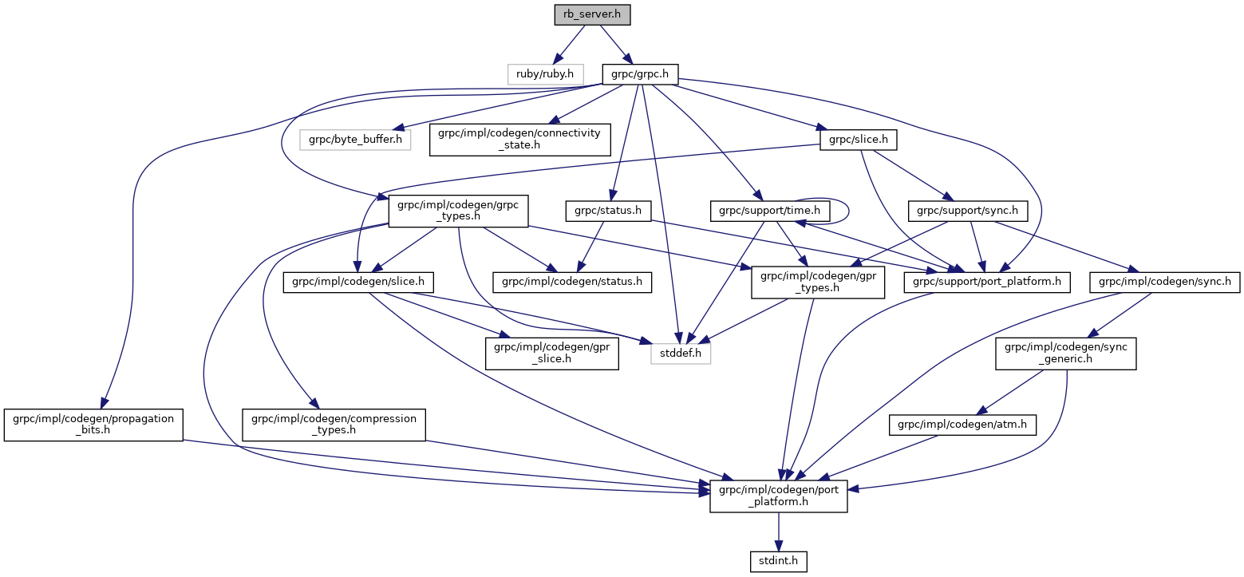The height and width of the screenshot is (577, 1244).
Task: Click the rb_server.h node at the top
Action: (586, 15)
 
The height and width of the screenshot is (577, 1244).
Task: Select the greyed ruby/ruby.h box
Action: (545, 73)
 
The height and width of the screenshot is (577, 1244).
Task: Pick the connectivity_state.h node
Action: (519, 140)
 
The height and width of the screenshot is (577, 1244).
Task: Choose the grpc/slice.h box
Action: (859, 140)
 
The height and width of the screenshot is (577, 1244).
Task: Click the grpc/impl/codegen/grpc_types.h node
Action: (453, 211)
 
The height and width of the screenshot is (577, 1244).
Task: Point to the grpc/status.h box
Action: (608, 211)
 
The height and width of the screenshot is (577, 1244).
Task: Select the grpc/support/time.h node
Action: (770, 211)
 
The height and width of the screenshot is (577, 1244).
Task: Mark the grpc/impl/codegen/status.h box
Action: (572, 281)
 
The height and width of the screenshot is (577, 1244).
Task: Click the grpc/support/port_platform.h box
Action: (986, 281)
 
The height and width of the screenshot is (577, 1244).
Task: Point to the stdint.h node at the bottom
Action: (778, 561)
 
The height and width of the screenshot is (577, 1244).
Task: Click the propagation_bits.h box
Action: (93, 425)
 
